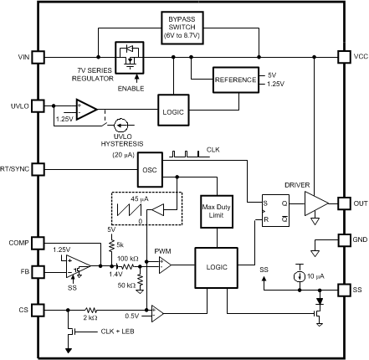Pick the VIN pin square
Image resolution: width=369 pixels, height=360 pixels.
pos(38,57)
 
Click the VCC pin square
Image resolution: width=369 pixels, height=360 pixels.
pos(343,57)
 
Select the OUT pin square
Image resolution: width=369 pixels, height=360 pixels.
pos(343,203)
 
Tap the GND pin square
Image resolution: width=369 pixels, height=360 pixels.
pos(343,239)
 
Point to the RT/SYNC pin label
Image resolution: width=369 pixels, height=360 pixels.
pos(17,167)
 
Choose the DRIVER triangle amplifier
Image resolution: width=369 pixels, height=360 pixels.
pos(315,203)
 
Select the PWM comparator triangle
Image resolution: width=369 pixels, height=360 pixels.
pos(164,265)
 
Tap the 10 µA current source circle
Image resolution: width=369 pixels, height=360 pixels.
pos(298,275)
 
